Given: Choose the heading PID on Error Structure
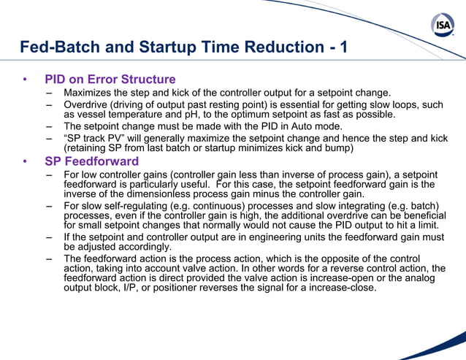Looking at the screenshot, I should tap(110, 80).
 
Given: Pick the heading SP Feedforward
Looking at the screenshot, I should tap(91, 161).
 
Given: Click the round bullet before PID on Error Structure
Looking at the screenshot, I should tap(26, 80).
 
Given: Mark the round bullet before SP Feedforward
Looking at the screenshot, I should tap(26, 161).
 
